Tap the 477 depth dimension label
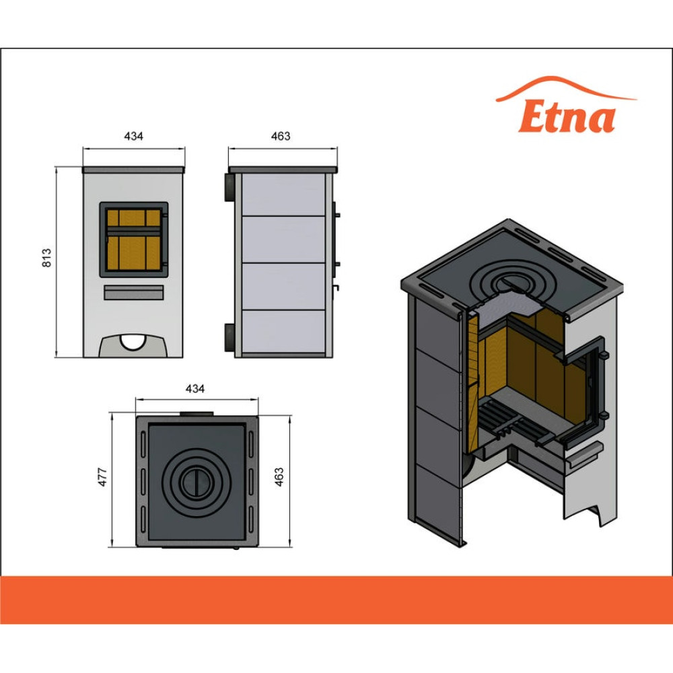[103, 477]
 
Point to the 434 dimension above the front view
[134, 136]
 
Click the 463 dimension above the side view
[281, 136]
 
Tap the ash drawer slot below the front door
[133, 292]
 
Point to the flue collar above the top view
[196, 412]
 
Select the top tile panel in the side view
[281, 194]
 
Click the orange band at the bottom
[336, 599]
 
